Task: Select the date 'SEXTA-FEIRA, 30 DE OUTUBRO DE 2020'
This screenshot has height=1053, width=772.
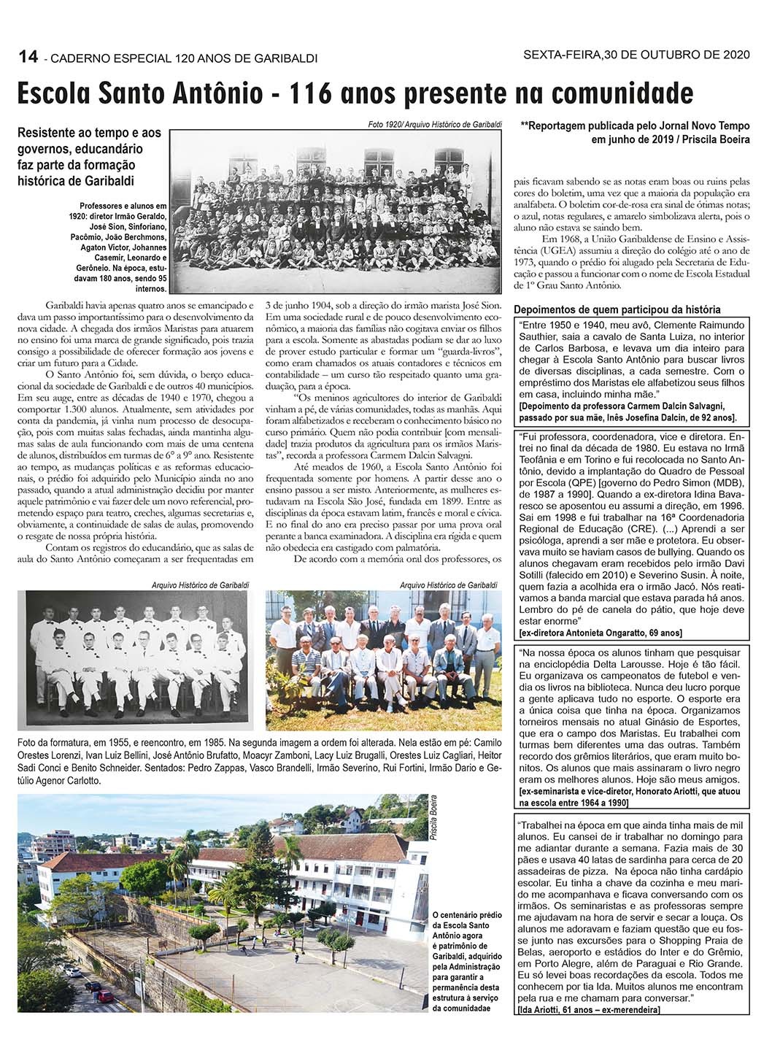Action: coord(633,55)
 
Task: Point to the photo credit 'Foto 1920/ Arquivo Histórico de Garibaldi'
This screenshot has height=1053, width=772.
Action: coord(435,125)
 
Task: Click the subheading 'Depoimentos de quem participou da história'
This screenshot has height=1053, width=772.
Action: coord(617,309)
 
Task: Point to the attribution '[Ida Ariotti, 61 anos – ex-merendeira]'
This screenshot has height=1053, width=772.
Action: coord(588,1009)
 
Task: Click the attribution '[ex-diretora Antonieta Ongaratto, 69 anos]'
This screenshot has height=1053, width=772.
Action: coord(601,632)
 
